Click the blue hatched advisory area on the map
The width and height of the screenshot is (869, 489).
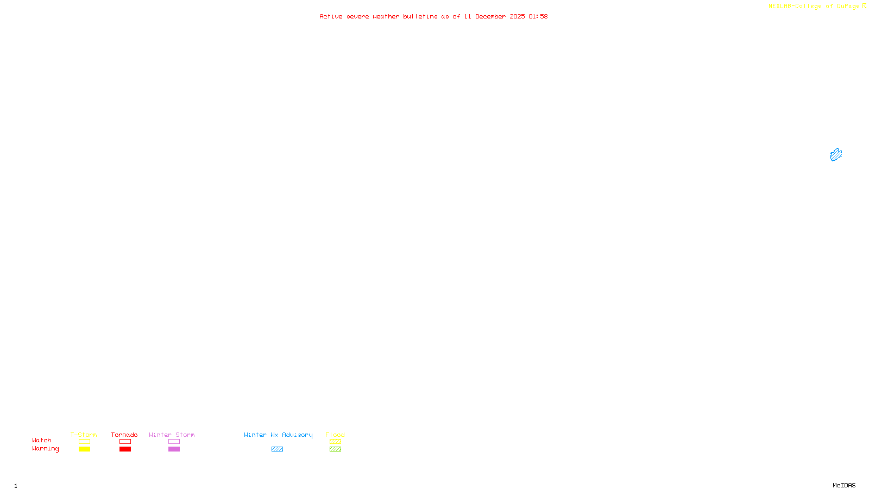tap(836, 155)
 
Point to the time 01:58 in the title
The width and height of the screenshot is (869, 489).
tap(538, 16)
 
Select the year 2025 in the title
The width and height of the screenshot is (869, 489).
tap(517, 16)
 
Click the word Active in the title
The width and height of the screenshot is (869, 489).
tap(331, 16)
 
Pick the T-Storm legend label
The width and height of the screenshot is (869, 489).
tap(84, 435)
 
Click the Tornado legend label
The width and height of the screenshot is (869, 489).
tap(124, 435)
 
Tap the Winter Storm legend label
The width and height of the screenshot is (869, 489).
tap(172, 435)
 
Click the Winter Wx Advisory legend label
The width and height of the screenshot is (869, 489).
tap(278, 435)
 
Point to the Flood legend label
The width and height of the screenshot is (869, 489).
tap(335, 435)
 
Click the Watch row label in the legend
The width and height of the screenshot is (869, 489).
tap(42, 440)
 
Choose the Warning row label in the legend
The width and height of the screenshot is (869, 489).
tap(46, 449)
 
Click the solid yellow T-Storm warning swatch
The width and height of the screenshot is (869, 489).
tap(84, 449)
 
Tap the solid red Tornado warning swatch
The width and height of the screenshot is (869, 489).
tap(125, 449)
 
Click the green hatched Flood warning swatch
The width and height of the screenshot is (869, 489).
tap(335, 449)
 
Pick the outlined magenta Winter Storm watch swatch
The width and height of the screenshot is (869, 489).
tap(174, 442)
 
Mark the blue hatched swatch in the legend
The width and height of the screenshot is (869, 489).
tap(277, 449)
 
